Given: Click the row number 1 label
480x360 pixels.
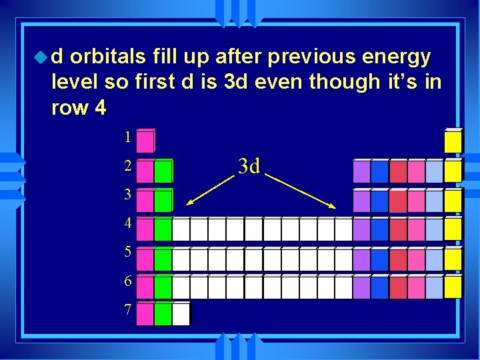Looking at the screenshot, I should point(127,138).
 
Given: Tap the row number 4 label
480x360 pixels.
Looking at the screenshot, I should point(127,224).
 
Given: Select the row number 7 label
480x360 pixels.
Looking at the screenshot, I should point(127,309).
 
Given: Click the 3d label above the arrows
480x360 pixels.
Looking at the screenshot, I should point(249,165).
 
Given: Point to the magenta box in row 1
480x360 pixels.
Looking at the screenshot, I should point(145,141).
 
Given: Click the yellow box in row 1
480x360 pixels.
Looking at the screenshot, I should point(453,141).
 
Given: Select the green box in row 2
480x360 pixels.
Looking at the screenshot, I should point(163,171).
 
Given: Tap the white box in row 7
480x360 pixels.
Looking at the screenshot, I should point(181,314).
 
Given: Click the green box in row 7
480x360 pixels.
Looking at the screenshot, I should point(163,314).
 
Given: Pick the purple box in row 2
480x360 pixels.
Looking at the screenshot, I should point(361,171).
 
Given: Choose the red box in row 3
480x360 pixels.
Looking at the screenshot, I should point(398,200).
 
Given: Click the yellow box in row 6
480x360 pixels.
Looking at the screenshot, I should point(453,287).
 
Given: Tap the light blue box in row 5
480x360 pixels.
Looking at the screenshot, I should point(434,258).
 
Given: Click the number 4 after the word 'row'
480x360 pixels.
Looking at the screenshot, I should point(100,108).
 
